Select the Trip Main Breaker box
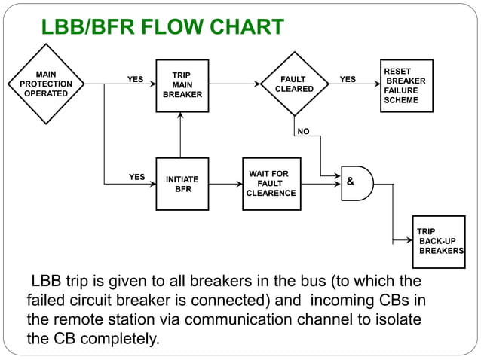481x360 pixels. pyautogui.click(x=182, y=86)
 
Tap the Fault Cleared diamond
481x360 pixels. pyautogui.click(x=294, y=84)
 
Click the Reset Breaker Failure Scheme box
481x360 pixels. pyautogui.click(x=406, y=86)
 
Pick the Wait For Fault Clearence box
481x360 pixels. pyautogui.click(x=271, y=184)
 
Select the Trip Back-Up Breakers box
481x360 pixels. pyautogui.click(x=438, y=241)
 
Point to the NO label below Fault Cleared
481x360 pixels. pyautogui.click(x=303, y=132)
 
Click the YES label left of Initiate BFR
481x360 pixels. pyautogui.click(x=136, y=178)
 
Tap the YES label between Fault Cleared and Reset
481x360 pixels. pyautogui.click(x=348, y=79)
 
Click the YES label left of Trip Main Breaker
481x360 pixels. pyautogui.click(x=135, y=79)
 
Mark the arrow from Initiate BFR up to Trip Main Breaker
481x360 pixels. pyautogui.click(x=182, y=135)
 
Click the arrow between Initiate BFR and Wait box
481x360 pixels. pyautogui.click(x=225, y=184)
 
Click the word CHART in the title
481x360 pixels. pyautogui.click(x=245, y=28)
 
